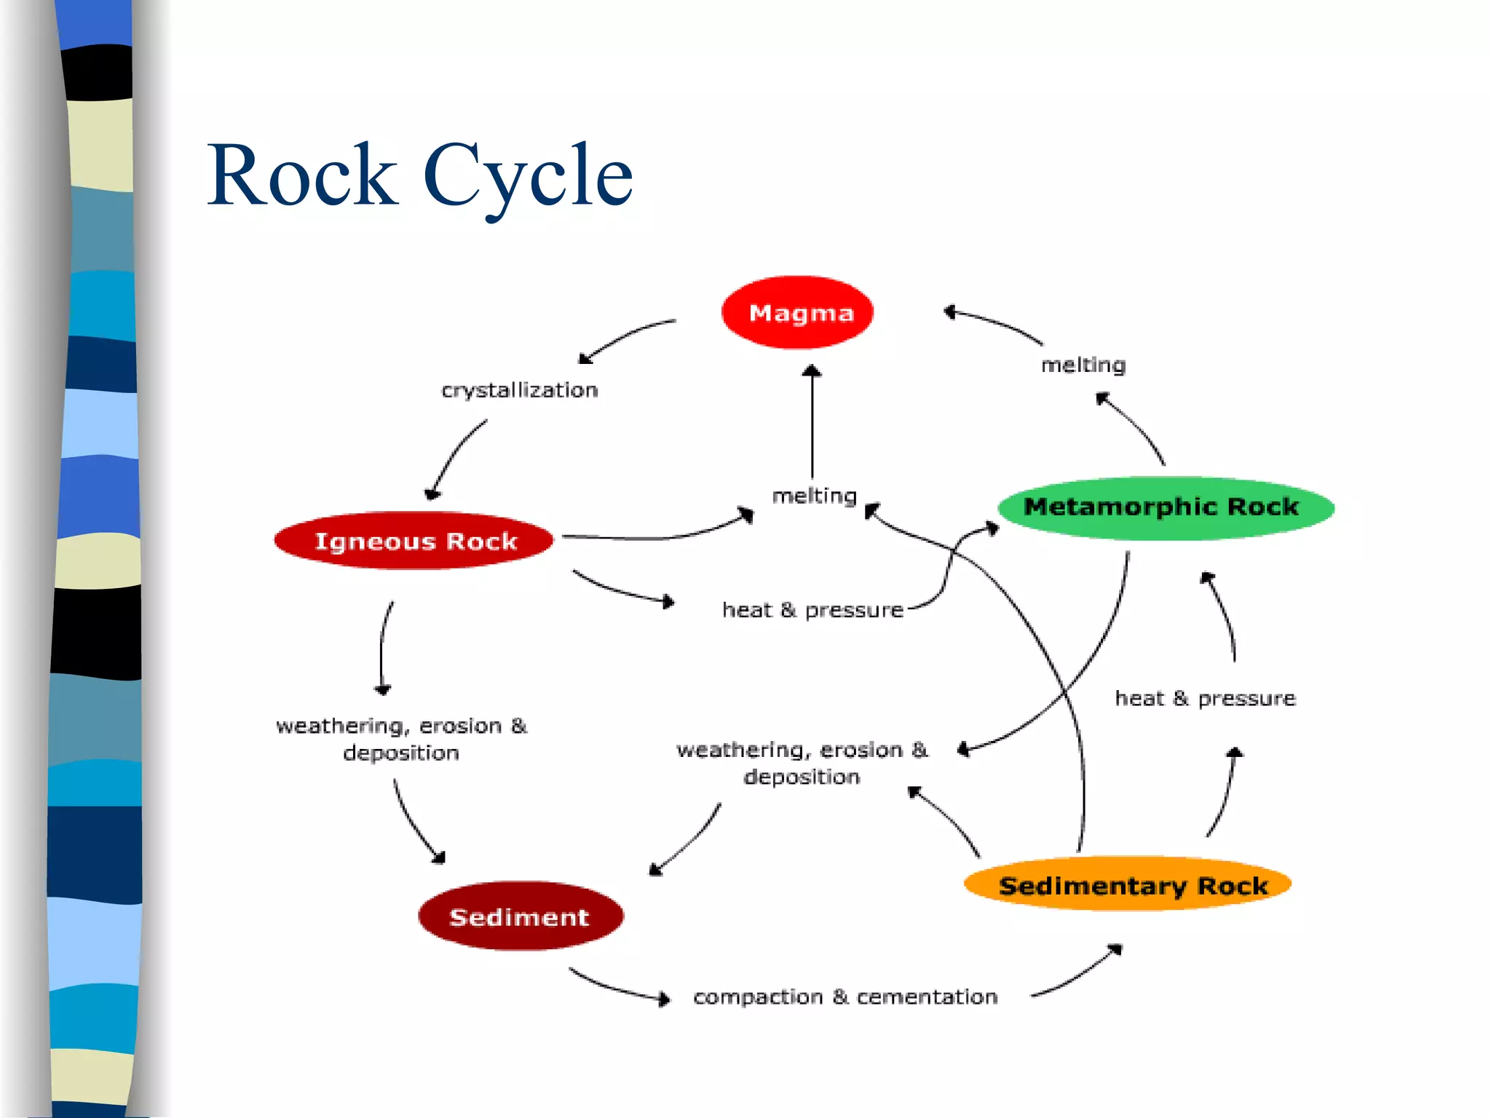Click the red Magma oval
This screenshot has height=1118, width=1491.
(x=798, y=313)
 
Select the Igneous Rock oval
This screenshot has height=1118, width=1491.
(x=414, y=541)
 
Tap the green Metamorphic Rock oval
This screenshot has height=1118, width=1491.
(x=1165, y=507)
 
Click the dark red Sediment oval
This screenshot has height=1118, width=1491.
(x=520, y=916)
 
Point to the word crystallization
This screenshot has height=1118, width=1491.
(x=520, y=391)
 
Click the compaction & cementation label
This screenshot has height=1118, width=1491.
(x=845, y=996)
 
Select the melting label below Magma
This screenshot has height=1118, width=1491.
(x=814, y=496)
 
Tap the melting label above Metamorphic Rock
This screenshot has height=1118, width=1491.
(x=1083, y=365)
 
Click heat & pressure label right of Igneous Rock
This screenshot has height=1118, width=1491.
(x=812, y=610)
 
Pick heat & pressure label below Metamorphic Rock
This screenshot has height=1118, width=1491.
(x=1205, y=699)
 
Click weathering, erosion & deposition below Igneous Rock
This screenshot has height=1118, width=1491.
(x=401, y=739)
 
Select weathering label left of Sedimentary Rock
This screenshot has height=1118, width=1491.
(x=802, y=763)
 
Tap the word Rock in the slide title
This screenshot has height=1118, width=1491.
(x=302, y=176)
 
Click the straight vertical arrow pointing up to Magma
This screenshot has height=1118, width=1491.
(x=812, y=422)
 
